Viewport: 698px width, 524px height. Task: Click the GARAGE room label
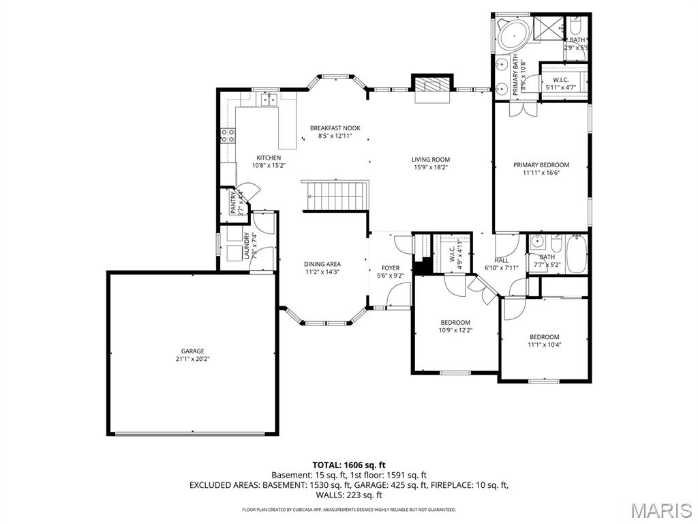tap(192, 351)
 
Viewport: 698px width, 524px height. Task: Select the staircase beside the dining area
tap(335, 195)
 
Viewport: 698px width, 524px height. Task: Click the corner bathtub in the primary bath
tap(509, 34)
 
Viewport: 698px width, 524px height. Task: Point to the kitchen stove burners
tap(228, 135)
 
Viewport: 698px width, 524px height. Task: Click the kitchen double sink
tap(269, 101)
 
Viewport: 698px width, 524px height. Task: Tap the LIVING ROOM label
tap(431, 160)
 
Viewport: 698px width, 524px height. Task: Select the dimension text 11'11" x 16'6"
tap(541, 173)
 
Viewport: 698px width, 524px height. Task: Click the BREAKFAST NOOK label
tap(335, 128)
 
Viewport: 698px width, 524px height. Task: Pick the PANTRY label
tap(234, 203)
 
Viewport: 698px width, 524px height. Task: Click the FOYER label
tap(391, 268)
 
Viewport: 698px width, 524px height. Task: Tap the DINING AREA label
tap(322, 264)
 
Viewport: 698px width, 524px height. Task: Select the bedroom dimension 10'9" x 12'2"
tap(455, 330)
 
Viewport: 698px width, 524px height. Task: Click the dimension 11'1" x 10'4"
tap(544, 345)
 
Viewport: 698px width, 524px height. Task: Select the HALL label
tap(501, 260)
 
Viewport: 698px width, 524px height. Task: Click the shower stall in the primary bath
tap(547, 27)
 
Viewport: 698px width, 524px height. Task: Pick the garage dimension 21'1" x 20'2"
tap(192, 359)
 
